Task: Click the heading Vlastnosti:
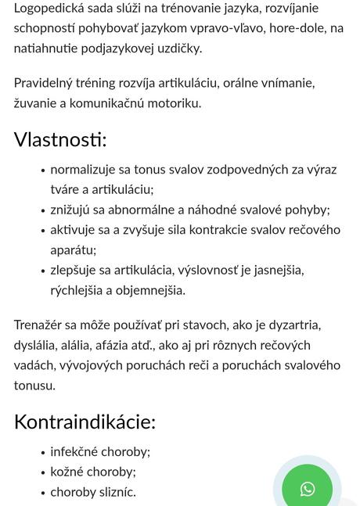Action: click(60, 139)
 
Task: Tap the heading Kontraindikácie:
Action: click(85, 422)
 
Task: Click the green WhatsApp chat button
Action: click(308, 489)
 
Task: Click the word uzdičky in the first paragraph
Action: click(179, 48)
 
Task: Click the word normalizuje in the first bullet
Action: click(85, 169)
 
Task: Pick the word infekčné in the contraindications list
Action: click(74, 452)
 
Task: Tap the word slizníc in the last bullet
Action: click(116, 492)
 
